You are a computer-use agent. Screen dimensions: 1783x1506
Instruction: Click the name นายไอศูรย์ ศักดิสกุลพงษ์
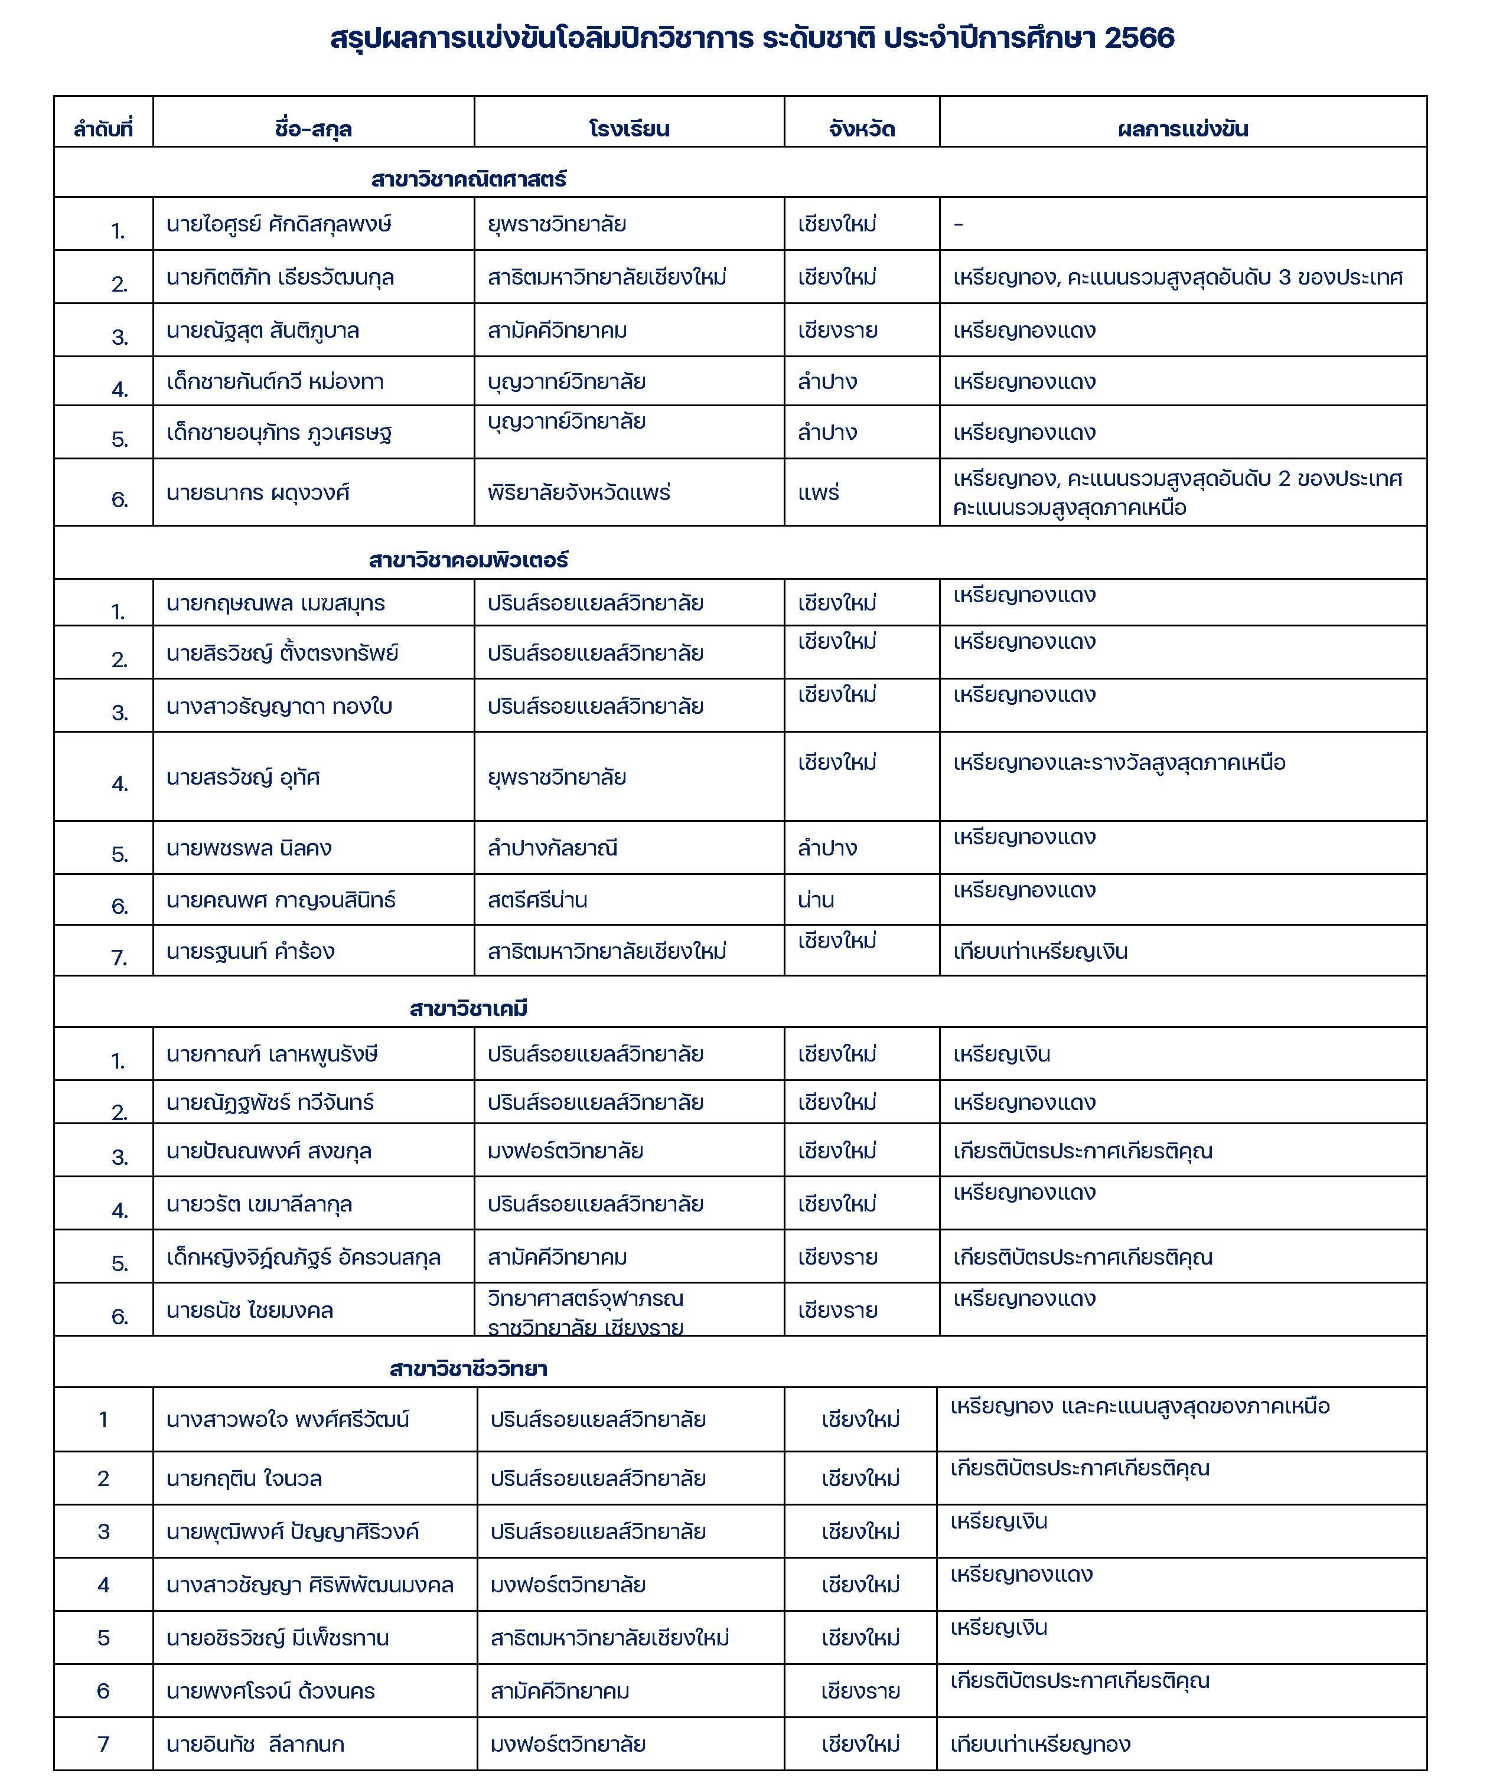pos(279,224)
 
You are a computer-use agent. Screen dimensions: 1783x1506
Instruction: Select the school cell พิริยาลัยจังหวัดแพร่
pos(579,492)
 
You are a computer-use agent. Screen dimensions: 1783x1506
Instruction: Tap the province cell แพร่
pos(819,492)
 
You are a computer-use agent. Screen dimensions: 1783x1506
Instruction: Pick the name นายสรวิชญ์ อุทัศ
pos(243,778)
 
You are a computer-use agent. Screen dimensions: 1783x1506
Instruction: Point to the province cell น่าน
pos(816,900)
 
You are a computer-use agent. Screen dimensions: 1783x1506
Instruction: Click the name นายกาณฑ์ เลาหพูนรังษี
pos(272,1054)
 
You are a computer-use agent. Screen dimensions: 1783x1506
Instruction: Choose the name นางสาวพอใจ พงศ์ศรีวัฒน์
pos(288,1419)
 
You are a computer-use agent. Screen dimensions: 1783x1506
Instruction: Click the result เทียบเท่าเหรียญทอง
pos(1040,1743)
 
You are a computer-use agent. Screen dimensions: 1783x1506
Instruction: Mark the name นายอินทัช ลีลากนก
pos(255,1743)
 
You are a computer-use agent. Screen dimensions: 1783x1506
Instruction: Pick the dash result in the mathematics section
pos(958,224)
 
